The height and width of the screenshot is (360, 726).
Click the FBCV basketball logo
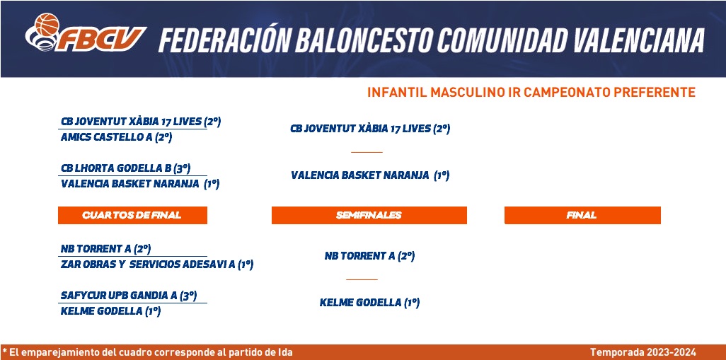point(86,33)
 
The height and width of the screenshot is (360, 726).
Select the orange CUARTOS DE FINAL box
point(132,215)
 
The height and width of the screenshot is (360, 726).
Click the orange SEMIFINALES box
point(369,215)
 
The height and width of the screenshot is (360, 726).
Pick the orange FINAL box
point(582,215)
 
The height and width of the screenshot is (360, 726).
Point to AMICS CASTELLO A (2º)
point(116,137)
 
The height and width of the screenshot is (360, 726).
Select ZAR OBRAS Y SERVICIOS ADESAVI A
point(148,265)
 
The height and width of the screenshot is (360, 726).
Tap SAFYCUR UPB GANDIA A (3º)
point(129,295)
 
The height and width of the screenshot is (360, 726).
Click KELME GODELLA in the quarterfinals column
point(101,311)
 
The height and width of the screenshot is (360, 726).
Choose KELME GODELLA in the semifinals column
point(360,303)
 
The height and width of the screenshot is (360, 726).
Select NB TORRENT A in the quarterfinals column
point(96,249)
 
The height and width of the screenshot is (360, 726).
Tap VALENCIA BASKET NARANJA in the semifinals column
point(360,176)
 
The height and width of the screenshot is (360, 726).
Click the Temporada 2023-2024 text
point(643,353)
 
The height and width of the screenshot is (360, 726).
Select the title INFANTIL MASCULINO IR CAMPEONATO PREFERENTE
point(531,93)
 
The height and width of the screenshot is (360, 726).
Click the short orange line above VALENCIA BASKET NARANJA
point(367,152)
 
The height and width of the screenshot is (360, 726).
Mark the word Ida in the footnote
point(285,353)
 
